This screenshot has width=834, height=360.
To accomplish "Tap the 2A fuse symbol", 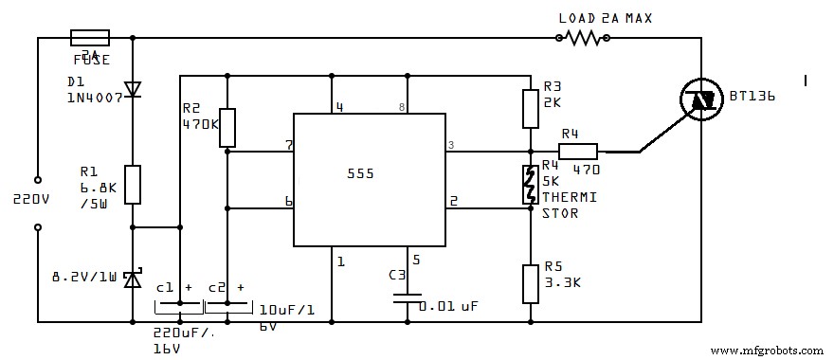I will click(90, 38).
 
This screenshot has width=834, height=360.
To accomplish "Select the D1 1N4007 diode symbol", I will click(133, 89).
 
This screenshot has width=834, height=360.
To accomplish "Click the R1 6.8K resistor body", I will click(133, 184).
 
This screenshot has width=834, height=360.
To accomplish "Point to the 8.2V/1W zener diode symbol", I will click(133, 279).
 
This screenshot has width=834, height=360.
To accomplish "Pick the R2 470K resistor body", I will click(227, 127).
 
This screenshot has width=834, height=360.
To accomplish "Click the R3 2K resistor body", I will click(531, 108).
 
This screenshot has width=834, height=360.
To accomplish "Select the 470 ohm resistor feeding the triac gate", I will click(577, 151).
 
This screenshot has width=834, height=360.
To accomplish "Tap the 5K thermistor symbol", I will click(531, 184).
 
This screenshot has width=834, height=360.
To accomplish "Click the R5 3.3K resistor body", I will click(531, 283).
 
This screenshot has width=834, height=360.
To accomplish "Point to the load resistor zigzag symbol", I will click(582, 38).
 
